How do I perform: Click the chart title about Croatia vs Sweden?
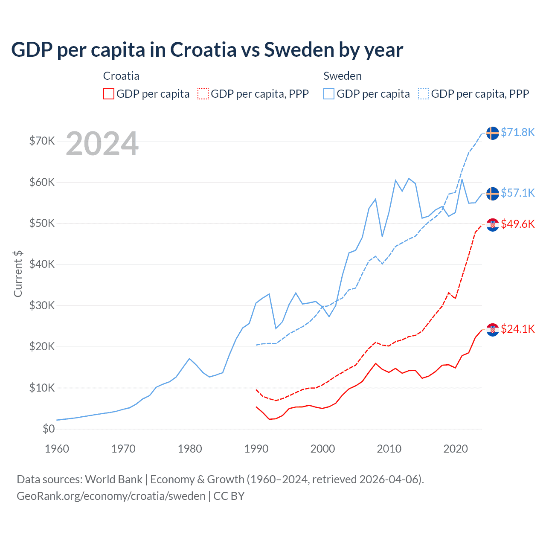pyautogui.click(x=207, y=50)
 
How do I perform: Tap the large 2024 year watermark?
pyautogui.click(x=102, y=144)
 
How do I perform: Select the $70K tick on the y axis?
pyautogui.click(x=42, y=141)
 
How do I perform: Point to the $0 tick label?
pyautogui.click(x=49, y=429)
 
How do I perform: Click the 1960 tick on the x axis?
pyautogui.click(x=57, y=449)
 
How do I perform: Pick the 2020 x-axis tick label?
pyautogui.click(x=456, y=449)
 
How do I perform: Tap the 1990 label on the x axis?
pyautogui.click(x=256, y=449)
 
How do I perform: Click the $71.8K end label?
pyautogui.click(x=517, y=132)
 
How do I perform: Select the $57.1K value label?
pyautogui.click(x=517, y=193)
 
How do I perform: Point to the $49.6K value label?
pyautogui.click(x=517, y=224)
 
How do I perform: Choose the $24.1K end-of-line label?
pyautogui.click(x=517, y=329)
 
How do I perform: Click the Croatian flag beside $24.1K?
pyautogui.click(x=493, y=329)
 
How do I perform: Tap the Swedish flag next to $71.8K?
pyautogui.click(x=493, y=133)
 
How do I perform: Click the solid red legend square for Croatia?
pyautogui.click(x=109, y=94)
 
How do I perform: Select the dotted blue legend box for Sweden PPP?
pyautogui.click(x=424, y=94)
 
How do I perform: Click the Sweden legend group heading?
pyautogui.click(x=343, y=76)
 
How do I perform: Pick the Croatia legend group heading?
pyautogui.click(x=121, y=76)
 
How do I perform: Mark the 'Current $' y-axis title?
pyautogui.click(x=18, y=274)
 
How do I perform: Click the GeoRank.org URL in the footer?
pyautogui.click(x=111, y=496)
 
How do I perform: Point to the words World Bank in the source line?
pyautogui.click(x=113, y=479)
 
